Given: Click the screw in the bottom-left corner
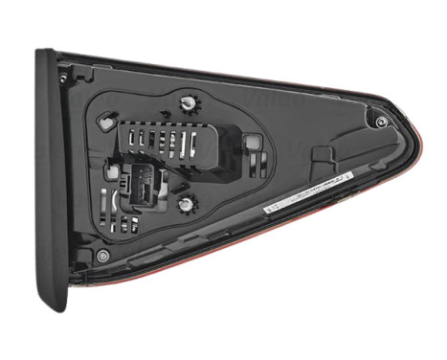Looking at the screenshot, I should point(102,256).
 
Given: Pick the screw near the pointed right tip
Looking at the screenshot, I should point(381,122).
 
